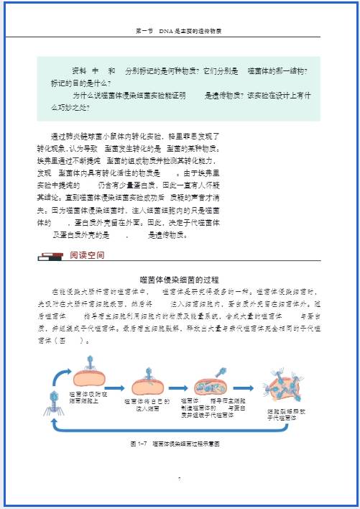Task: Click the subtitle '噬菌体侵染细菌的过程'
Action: click(178, 279)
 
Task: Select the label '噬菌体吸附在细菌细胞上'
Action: click(88, 397)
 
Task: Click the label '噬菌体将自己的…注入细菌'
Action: click(147, 404)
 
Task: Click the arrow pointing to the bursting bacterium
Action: click(243, 388)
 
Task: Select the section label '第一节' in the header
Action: click(144, 32)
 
